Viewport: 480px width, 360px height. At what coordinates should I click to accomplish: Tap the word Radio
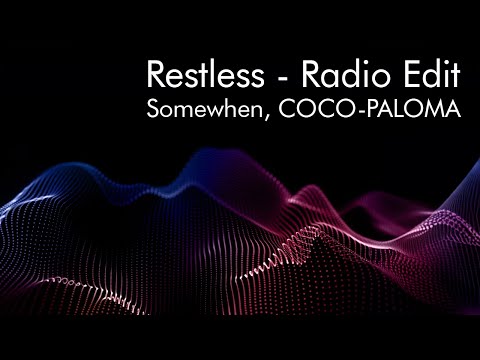tap(329, 74)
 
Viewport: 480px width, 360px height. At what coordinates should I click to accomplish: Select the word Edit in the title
tap(427, 74)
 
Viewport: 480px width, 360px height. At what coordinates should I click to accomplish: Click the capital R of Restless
tap(156, 74)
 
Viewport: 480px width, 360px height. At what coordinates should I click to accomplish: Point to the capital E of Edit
tap(405, 74)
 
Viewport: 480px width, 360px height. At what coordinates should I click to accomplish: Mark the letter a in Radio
tap(321, 78)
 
